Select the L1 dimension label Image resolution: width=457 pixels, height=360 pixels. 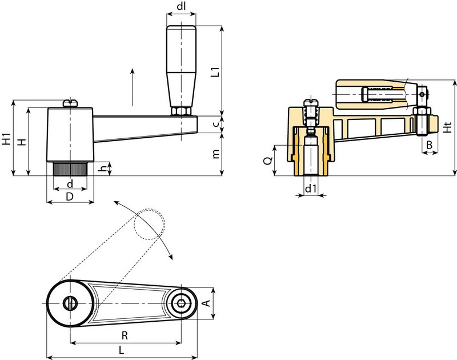point(215,71)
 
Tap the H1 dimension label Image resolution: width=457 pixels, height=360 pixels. point(6,138)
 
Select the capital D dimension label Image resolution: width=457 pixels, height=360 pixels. point(69,197)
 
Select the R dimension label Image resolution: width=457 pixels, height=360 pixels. point(125,334)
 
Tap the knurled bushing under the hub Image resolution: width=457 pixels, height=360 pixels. point(70,169)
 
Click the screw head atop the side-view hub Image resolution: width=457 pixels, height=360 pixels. point(70,102)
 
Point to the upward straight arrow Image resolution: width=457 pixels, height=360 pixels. point(133,86)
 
